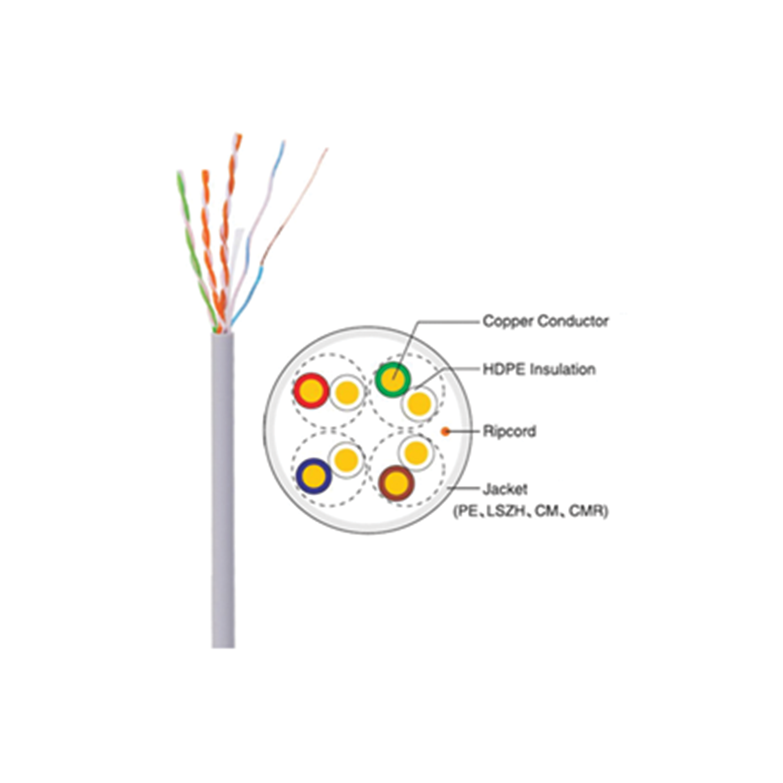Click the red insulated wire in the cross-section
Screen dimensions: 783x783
pyautogui.click(x=311, y=391)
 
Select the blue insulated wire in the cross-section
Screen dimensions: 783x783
pyautogui.click(x=313, y=476)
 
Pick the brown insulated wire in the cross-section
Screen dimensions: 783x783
pyautogui.click(x=396, y=483)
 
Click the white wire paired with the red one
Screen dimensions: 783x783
pyautogui.click(x=347, y=392)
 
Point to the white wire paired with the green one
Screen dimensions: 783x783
pyautogui.click(x=419, y=404)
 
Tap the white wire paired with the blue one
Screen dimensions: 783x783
pyautogui.click(x=346, y=459)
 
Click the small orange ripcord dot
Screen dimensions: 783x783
pyautogui.click(x=445, y=431)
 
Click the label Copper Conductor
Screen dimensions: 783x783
pyautogui.click(x=545, y=321)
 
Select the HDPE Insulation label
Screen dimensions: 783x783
pyautogui.click(x=539, y=369)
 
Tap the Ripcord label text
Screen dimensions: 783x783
pyautogui.click(x=510, y=431)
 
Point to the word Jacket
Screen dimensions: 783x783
pyautogui.click(x=505, y=489)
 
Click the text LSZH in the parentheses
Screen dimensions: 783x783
pyautogui.click(x=506, y=510)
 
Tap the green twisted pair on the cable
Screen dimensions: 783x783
pyautogui.click(x=196, y=251)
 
